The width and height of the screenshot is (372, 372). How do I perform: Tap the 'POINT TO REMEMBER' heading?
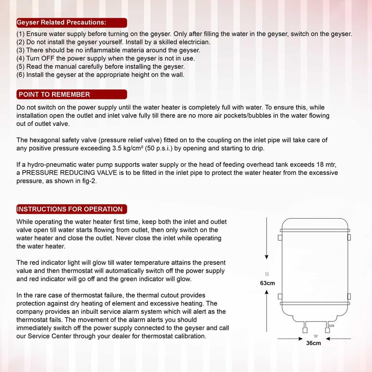[x=54, y=94]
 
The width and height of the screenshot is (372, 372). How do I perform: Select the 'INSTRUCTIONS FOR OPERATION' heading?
[x=70, y=209]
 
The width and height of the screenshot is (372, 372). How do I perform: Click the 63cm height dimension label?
[x=267, y=283]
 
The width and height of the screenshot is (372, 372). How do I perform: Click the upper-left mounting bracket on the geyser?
[x=280, y=238]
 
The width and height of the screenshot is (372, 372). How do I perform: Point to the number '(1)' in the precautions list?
[x=20, y=34]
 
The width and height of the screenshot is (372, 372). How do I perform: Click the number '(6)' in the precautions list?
[x=20, y=74]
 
